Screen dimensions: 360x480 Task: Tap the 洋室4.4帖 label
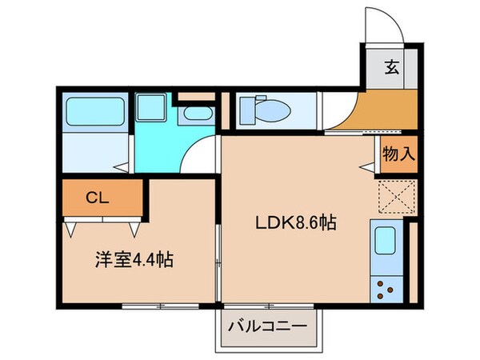(133, 259)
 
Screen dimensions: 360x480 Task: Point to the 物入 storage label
(398, 154)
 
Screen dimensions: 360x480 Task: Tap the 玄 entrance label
(392, 68)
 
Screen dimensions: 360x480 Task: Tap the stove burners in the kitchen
(386, 287)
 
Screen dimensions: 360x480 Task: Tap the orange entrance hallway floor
(376, 112)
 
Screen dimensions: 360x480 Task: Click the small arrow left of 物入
(366, 166)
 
